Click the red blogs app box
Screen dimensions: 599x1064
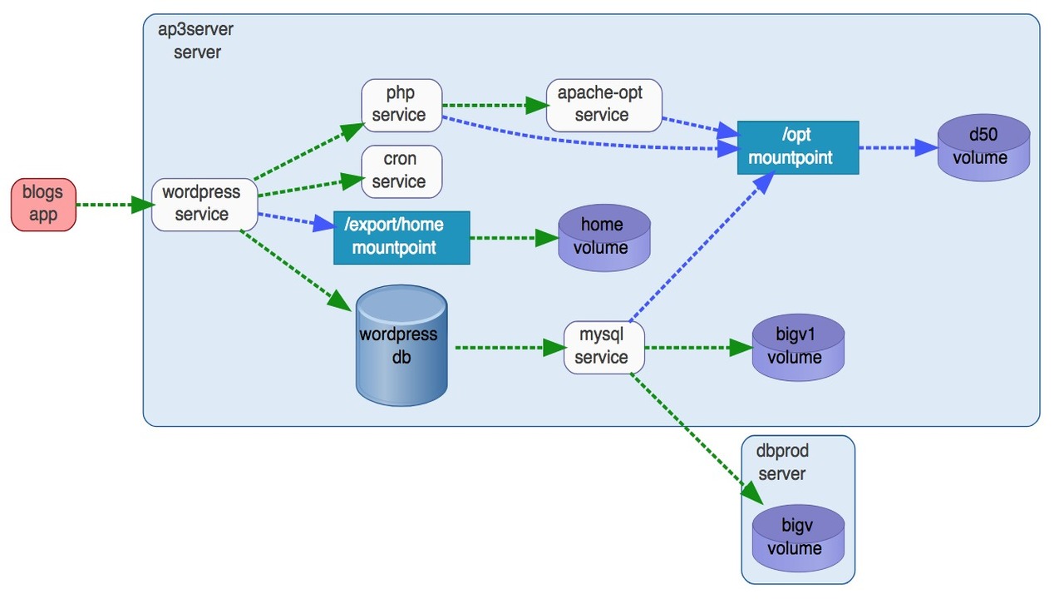[43, 204]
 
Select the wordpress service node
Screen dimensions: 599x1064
[201, 204]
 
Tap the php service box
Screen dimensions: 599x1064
[400, 104]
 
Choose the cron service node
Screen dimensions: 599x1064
[400, 171]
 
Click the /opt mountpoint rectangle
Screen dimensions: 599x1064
[797, 147]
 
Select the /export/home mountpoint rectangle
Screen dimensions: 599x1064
[401, 237]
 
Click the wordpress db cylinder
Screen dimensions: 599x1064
[401, 345]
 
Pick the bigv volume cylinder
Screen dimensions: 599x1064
[797, 538]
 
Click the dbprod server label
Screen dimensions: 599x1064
[782, 463]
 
